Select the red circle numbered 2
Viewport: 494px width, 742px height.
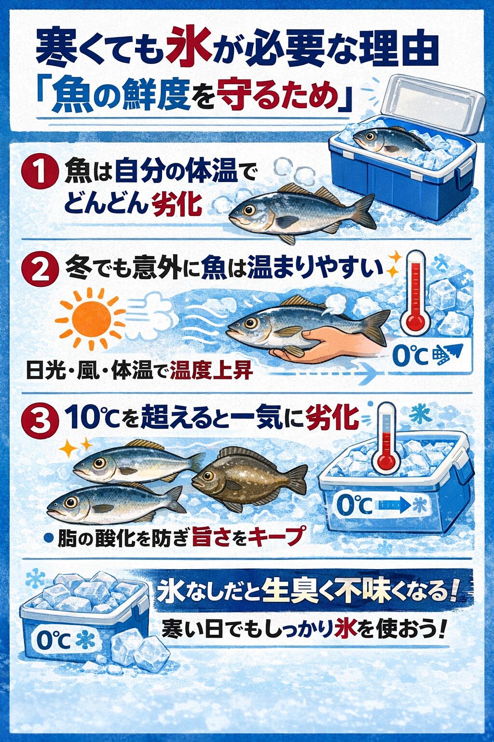click(x=40, y=271)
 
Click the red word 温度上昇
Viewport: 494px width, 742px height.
click(x=211, y=371)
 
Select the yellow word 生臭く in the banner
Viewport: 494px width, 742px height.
click(x=290, y=592)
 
